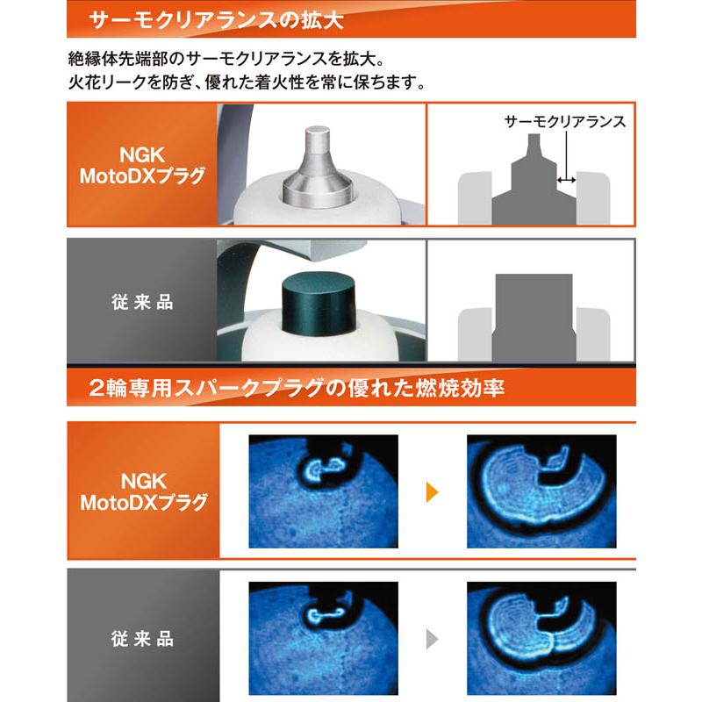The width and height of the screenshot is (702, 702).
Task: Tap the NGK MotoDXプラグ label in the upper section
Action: point(143,165)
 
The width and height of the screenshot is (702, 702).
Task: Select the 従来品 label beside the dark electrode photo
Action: point(143,303)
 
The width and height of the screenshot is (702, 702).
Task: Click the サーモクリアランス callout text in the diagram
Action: point(565,123)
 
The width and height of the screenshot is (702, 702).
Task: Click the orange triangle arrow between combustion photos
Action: point(432,491)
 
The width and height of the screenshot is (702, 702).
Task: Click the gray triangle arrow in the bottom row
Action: point(432,638)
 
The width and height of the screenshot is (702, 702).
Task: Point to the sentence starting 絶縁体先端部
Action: point(226,61)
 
